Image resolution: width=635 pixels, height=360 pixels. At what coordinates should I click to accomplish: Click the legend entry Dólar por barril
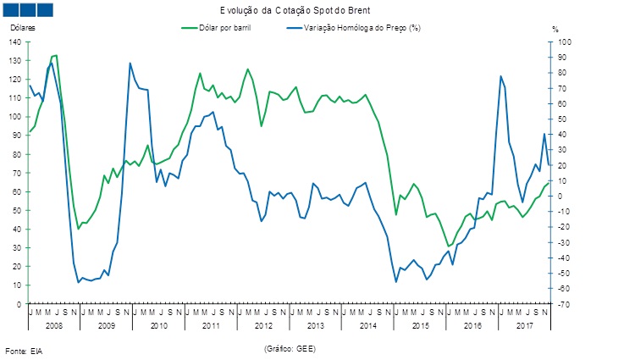coord(222,28)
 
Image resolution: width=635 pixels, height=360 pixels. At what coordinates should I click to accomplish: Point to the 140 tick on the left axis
coord(16,42)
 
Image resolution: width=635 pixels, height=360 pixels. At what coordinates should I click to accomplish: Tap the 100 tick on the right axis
coord(565,42)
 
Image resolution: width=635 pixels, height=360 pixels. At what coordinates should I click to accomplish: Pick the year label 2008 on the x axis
coord(53,325)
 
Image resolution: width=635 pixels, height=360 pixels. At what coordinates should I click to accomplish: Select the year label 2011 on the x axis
coord(211,325)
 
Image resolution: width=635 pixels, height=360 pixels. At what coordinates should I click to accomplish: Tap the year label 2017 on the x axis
coord(525,325)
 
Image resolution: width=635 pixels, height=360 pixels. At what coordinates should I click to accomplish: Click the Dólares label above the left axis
coord(23,29)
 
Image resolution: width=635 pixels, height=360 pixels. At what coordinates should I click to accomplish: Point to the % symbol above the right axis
coord(555,29)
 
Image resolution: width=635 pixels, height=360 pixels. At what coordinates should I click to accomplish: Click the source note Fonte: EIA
coord(24,350)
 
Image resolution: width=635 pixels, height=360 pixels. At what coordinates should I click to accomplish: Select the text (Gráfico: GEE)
coord(292,348)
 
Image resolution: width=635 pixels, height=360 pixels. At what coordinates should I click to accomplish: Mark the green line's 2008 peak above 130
coord(56,55)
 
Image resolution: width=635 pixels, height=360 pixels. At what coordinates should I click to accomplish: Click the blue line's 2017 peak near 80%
coord(500,76)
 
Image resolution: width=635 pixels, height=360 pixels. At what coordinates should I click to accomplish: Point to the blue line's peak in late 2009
coord(130,63)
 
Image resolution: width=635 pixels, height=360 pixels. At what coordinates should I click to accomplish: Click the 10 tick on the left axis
coord(18,285)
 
